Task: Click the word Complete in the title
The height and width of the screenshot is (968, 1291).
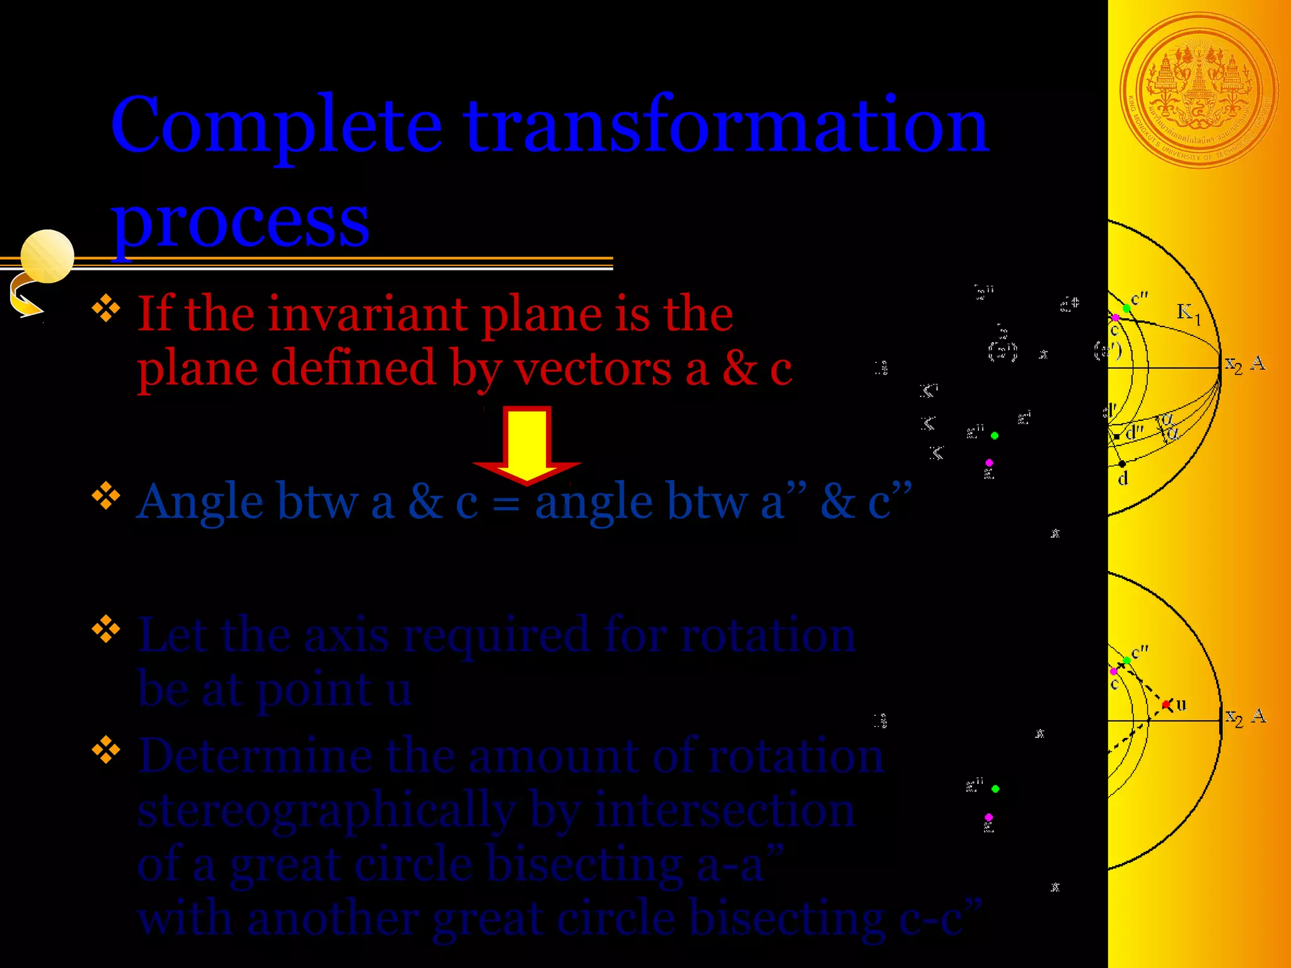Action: point(276,125)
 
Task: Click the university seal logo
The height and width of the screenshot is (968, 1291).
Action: point(1199,90)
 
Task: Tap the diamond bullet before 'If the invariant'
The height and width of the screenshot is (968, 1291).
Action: point(106,308)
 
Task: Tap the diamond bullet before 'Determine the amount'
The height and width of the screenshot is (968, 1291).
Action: point(106,750)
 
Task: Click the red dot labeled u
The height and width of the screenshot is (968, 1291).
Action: point(1166,704)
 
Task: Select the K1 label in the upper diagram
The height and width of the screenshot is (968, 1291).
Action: point(1188,313)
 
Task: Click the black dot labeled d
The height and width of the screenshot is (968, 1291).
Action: point(1122,464)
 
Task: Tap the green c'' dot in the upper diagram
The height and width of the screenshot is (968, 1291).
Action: point(1126,308)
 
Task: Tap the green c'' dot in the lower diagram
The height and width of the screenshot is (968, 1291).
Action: point(1126,660)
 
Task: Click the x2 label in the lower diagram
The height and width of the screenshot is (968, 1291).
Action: point(1234,717)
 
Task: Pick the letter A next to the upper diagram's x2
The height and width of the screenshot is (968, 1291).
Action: point(1258,363)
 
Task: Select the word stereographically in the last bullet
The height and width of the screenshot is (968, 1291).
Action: point(327,810)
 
